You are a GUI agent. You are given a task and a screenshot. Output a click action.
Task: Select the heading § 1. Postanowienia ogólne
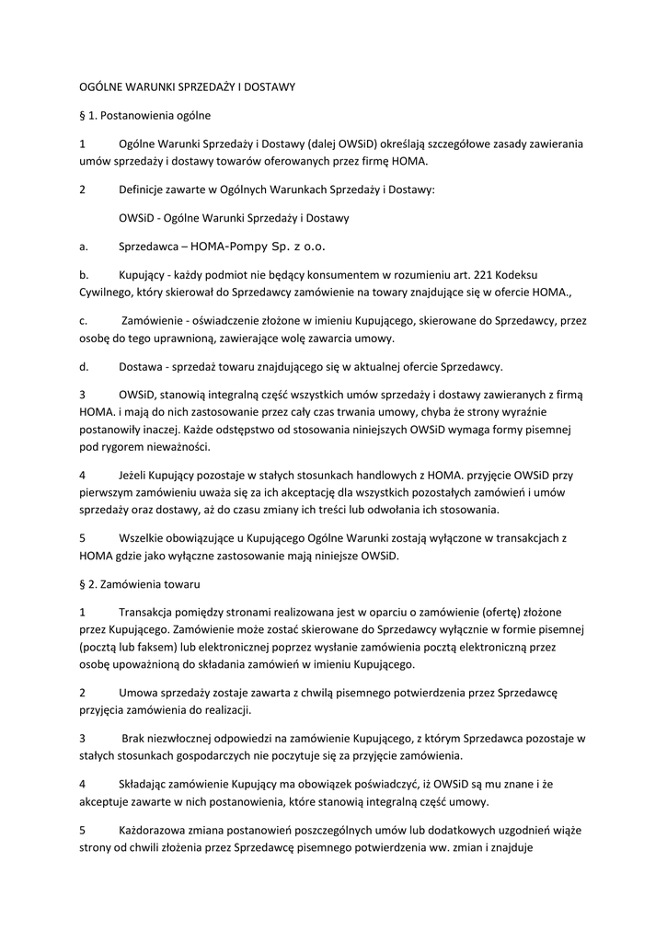pos(145,116)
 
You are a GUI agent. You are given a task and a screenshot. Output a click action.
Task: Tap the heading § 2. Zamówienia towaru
pos(146,583)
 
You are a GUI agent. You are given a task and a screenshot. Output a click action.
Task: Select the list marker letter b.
pos(84,275)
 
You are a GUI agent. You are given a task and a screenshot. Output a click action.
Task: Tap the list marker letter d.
pos(84,367)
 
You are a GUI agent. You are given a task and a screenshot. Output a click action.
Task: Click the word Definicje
pos(145,190)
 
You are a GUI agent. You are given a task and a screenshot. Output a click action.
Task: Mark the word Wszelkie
pos(144,538)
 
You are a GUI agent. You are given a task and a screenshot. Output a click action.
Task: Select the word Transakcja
pos(150,612)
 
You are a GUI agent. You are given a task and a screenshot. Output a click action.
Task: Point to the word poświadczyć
pos(365,785)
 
